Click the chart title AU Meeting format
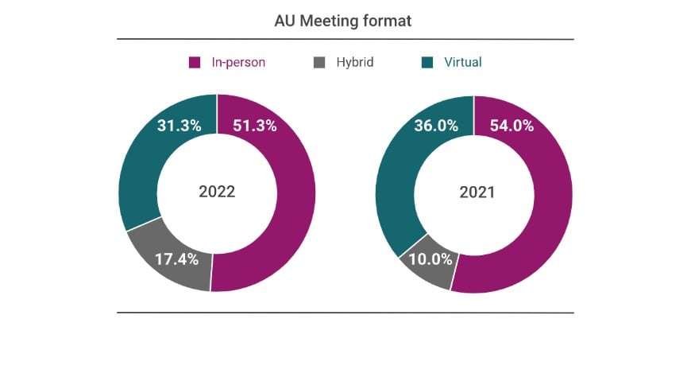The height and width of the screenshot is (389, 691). [x=343, y=21]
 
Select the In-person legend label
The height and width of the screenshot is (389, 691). [x=237, y=62]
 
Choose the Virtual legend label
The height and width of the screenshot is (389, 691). [x=462, y=62]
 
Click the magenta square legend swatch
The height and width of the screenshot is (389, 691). [x=195, y=62]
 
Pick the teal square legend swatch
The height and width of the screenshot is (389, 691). [x=428, y=62]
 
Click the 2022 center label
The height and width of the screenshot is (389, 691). [x=217, y=193]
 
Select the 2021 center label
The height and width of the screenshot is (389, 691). [x=473, y=193]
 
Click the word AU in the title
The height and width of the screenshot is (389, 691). [x=284, y=21]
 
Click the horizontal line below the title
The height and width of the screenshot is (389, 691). [x=345, y=39]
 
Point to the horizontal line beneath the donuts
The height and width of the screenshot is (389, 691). [x=345, y=313]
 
